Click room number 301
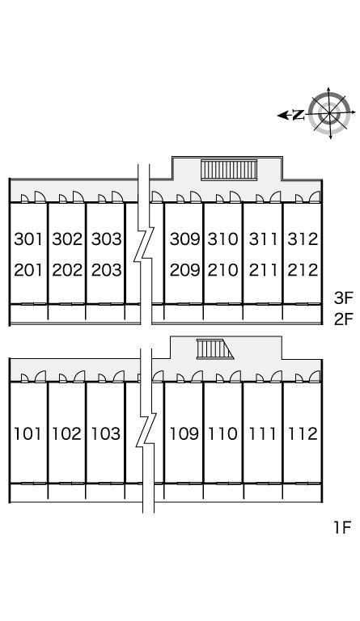[28, 239]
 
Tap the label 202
[67, 270]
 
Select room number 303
[106, 239]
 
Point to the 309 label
[184, 239]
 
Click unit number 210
[223, 270]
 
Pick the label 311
[263, 239]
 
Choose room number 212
[303, 270]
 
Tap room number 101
[28, 434]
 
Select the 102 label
[67, 434]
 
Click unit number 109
[184, 434]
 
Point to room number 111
[262, 434]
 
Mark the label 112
[303, 434]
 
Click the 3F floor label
[343, 298]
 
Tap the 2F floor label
[343, 319]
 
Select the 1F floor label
[343, 527]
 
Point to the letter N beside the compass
[299, 116]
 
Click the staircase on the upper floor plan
[229, 170]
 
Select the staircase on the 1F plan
[214, 349]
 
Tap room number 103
[106, 434]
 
